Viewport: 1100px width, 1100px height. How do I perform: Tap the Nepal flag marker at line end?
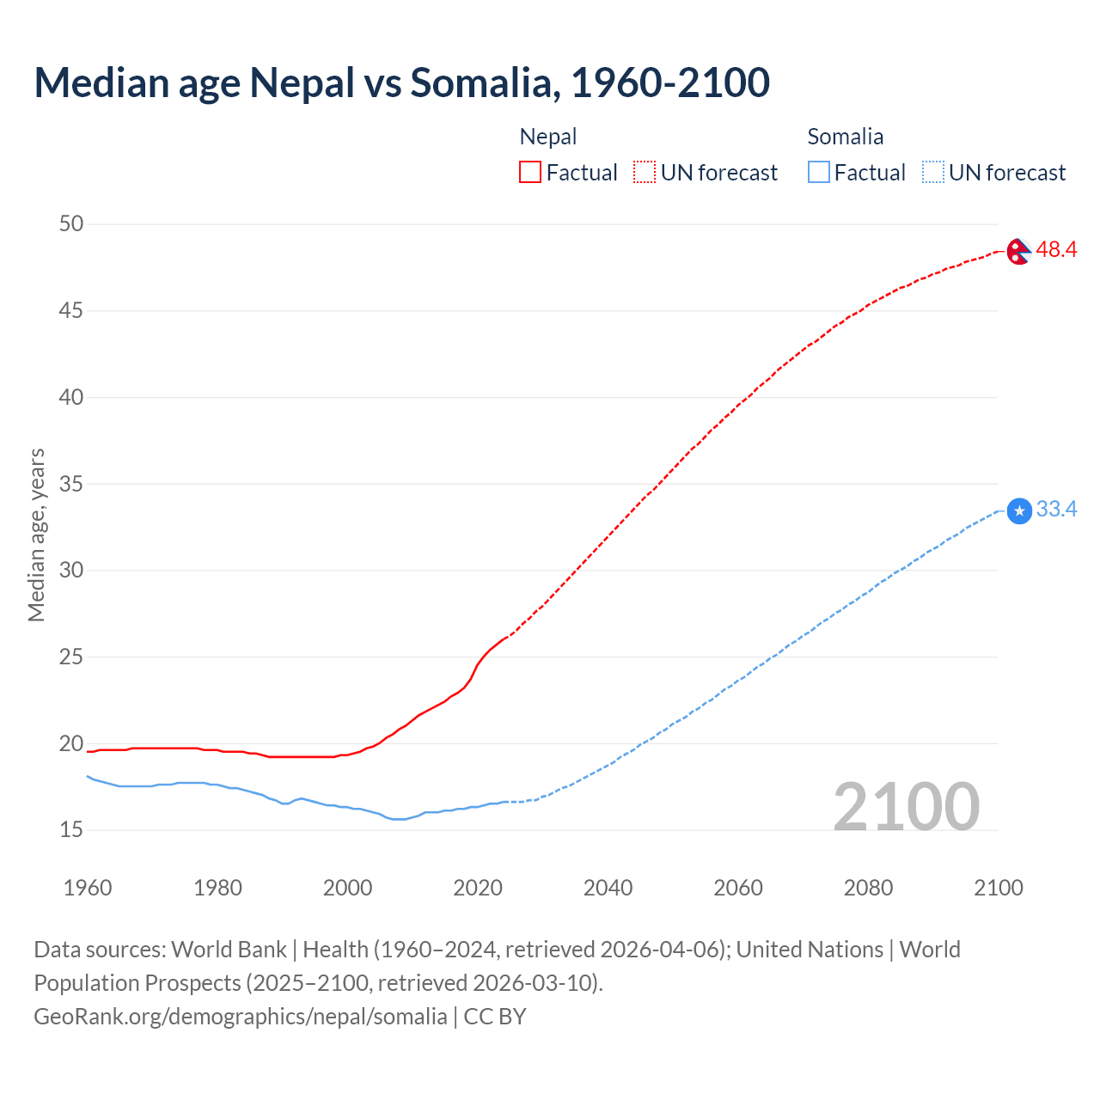point(1018,251)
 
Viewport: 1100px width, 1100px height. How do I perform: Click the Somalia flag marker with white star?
point(1018,511)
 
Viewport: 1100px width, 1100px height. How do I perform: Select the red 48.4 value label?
point(1056,250)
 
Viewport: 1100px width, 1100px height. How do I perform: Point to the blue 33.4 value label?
point(1056,510)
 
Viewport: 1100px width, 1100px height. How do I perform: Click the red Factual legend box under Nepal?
point(530,173)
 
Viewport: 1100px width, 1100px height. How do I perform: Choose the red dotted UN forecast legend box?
point(645,173)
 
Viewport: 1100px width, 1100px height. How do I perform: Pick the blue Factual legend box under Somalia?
point(819,173)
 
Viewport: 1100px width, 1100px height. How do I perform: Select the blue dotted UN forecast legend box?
point(933,173)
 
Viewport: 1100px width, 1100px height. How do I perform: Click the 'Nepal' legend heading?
point(548,137)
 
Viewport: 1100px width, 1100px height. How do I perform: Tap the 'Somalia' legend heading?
point(845,137)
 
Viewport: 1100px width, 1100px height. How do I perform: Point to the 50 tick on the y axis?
point(71,224)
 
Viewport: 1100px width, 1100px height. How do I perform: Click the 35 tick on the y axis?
point(71,484)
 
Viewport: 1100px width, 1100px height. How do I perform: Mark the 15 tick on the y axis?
point(71,830)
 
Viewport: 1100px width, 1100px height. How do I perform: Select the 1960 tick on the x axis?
point(88,888)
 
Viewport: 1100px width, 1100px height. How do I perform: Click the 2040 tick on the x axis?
point(608,888)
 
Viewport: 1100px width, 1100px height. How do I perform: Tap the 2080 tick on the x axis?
point(868,888)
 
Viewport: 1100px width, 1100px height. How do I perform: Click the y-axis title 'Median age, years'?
point(36,535)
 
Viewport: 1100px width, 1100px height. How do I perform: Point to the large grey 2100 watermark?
point(906,807)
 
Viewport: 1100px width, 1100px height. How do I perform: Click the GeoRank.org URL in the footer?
point(241,1017)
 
